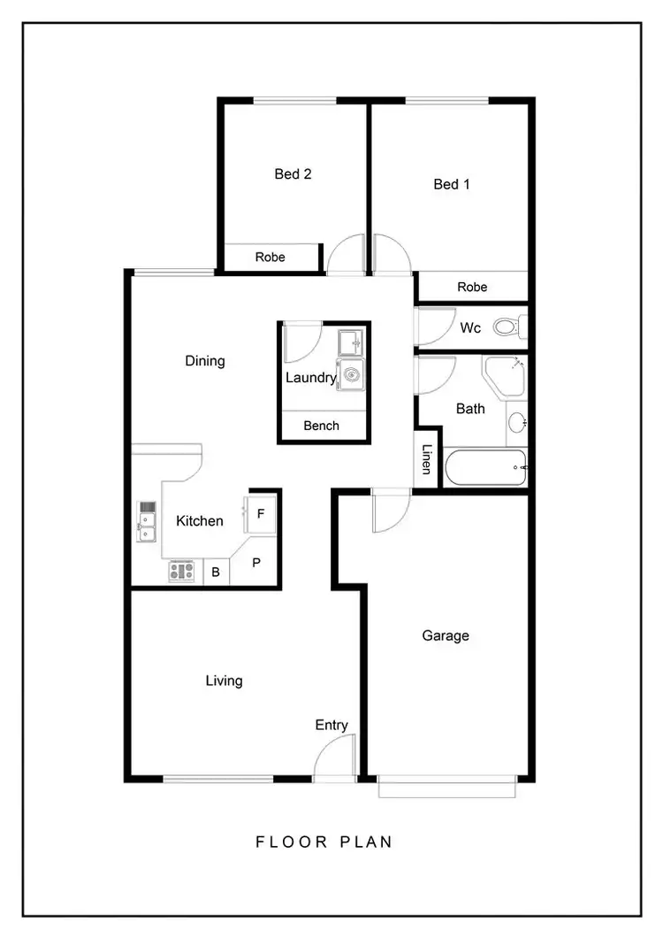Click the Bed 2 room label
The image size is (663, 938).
click(x=293, y=174)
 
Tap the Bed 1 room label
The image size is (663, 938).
click(x=451, y=184)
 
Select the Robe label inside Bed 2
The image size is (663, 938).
click(x=270, y=258)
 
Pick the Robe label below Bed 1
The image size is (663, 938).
click(x=472, y=287)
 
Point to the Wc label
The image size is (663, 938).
click(x=470, y=328)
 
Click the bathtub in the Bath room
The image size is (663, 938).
click(x=485, y=466)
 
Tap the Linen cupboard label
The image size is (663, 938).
click(x=427, y=460)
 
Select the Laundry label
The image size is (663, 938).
click(x=310, y=378)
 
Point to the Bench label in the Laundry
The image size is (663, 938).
click(x=321, y=426)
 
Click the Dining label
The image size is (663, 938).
click(x=205, y=361)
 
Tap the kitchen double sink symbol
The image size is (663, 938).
click(x=147, y=522)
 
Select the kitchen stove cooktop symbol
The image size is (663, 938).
click(x=181, y=572)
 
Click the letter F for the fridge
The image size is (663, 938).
click(x=261, y=513)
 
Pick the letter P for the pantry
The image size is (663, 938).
click(x=256, y=563)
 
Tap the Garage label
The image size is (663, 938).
click(x=445, y=635)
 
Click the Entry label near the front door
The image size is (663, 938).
click(x=331, y=726)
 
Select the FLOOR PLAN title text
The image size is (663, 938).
click(x=324, y=842)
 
